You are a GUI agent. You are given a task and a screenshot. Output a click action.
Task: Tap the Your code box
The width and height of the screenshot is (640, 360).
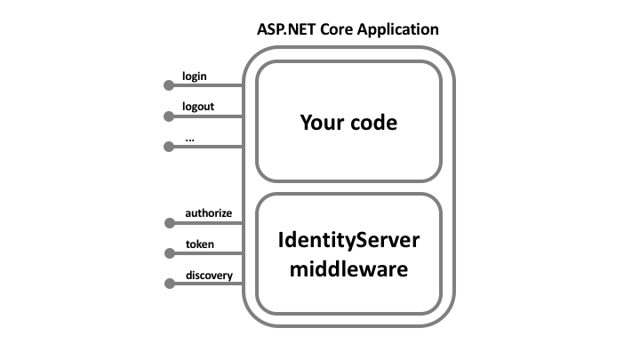coord(348,122)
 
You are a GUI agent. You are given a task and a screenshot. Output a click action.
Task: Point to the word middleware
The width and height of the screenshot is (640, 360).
coord(348,268)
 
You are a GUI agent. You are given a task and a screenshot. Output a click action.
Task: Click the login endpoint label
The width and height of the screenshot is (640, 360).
coord(195,76)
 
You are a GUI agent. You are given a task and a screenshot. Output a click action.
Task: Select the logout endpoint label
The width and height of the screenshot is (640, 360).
coord(198,107)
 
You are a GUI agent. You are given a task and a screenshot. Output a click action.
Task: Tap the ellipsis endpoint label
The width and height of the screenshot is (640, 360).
coord(189,138)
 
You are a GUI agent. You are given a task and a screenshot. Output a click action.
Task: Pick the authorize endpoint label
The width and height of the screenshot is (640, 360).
coord(209,213)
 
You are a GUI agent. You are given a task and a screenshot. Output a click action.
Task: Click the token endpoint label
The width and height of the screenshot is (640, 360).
coord(199,244)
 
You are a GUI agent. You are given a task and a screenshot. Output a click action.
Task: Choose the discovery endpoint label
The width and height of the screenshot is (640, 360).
coord(209,275)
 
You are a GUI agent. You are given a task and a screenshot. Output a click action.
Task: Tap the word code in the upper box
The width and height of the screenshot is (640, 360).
coord(373,122)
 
